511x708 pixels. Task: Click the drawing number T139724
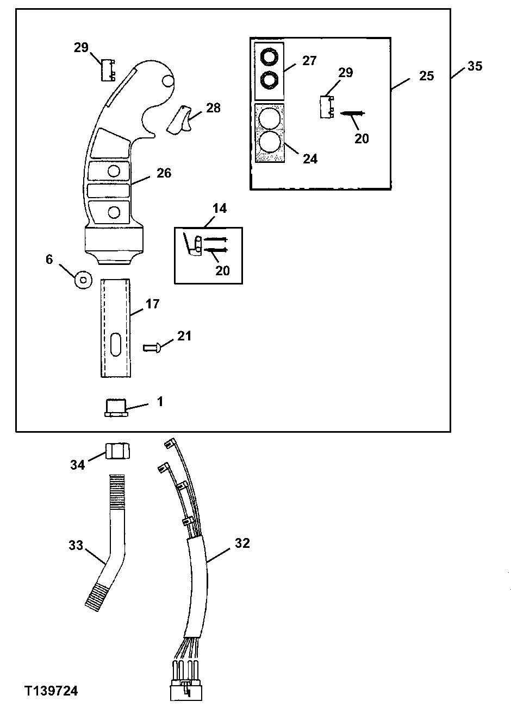pyautogui.click(x=51, y=691)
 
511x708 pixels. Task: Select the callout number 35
pyautogui.click(x=474, y=66)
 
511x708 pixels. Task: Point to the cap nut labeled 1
pyautogui.click(x=115, y=407)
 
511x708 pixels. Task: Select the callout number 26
pyautogui.click(x=164, y=173)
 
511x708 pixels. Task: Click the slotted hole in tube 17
pyautogui.click(x=115, y=345)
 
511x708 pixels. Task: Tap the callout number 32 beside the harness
pyautogui.click(x=242, y=543)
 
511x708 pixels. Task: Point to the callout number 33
pyautogui.click(x=76, y=545)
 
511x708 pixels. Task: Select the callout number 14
pyautogui.click(x=220, y=208)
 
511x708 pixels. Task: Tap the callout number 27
pyautogui.click(x=309, y=60)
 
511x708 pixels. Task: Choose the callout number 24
pyautogui.click(x=310, y=159)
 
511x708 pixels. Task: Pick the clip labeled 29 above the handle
pyautogui.click(x=108, y=70)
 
